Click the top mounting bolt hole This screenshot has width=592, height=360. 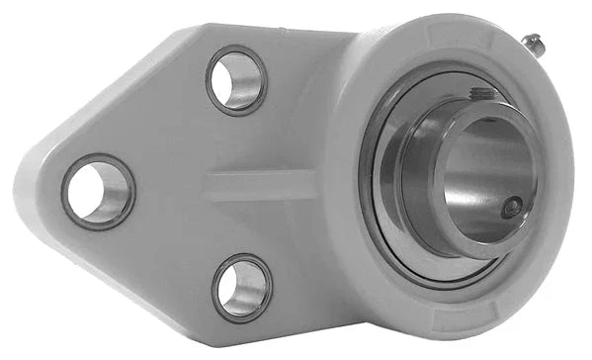coord(237,81)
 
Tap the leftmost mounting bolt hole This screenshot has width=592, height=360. coord(97,191)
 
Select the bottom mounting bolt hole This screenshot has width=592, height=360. coord(240,287)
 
